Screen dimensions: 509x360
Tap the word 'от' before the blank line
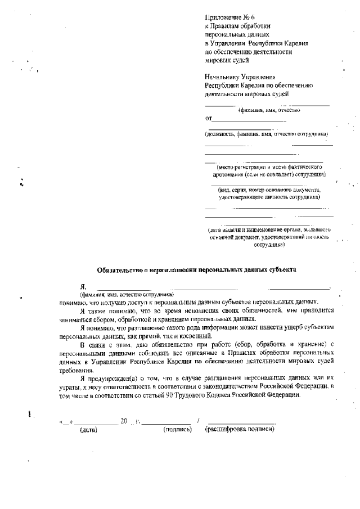coord(209,119)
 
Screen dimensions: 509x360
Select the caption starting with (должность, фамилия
coord(266,134)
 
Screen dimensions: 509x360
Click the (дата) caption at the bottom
coord(88,430)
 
